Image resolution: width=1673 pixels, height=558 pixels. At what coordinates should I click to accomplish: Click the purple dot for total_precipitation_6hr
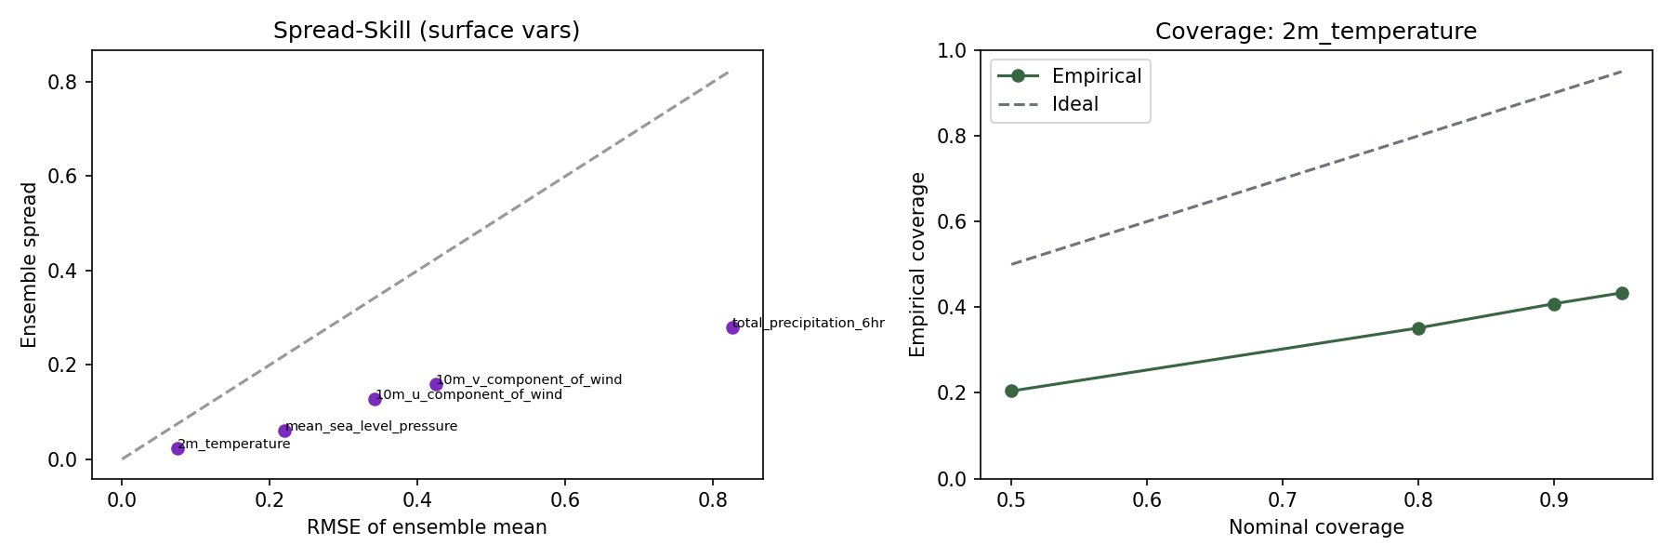coord(732,327)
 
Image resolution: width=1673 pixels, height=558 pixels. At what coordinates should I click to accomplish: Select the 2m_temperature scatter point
coord(178,448)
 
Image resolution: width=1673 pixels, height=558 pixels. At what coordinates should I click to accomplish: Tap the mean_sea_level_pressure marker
coord(284,431)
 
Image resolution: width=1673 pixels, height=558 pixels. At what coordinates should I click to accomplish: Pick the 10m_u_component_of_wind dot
coord(375,399)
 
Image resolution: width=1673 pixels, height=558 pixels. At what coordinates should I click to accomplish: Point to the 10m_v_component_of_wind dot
coord(436,384)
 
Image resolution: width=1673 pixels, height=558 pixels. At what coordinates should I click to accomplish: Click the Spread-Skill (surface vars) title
coord(427,31)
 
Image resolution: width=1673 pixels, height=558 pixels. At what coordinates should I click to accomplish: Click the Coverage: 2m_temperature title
coord(1316,32)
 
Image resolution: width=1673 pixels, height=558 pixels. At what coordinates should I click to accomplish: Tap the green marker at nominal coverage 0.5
coord(1011,391)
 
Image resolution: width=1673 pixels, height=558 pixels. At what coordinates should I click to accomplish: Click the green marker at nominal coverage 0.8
coord(1418,328)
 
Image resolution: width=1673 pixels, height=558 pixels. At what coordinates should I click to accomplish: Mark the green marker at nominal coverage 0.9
coord(1554,304)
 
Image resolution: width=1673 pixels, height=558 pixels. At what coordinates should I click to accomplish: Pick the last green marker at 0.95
coord(1622,293)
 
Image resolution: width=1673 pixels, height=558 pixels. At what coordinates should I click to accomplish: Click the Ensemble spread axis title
coord(30,265)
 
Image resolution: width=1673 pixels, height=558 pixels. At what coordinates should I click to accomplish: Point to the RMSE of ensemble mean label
coord(427,527)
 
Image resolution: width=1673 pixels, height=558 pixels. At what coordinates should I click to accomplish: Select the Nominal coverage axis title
coord(1316,527)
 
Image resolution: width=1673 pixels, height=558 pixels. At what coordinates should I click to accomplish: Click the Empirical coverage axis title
coord(918,264)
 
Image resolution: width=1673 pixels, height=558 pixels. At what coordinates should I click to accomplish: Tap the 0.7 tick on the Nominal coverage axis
coord(1283,500)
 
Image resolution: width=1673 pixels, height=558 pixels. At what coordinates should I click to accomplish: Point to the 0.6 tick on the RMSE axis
coord(565,500)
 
